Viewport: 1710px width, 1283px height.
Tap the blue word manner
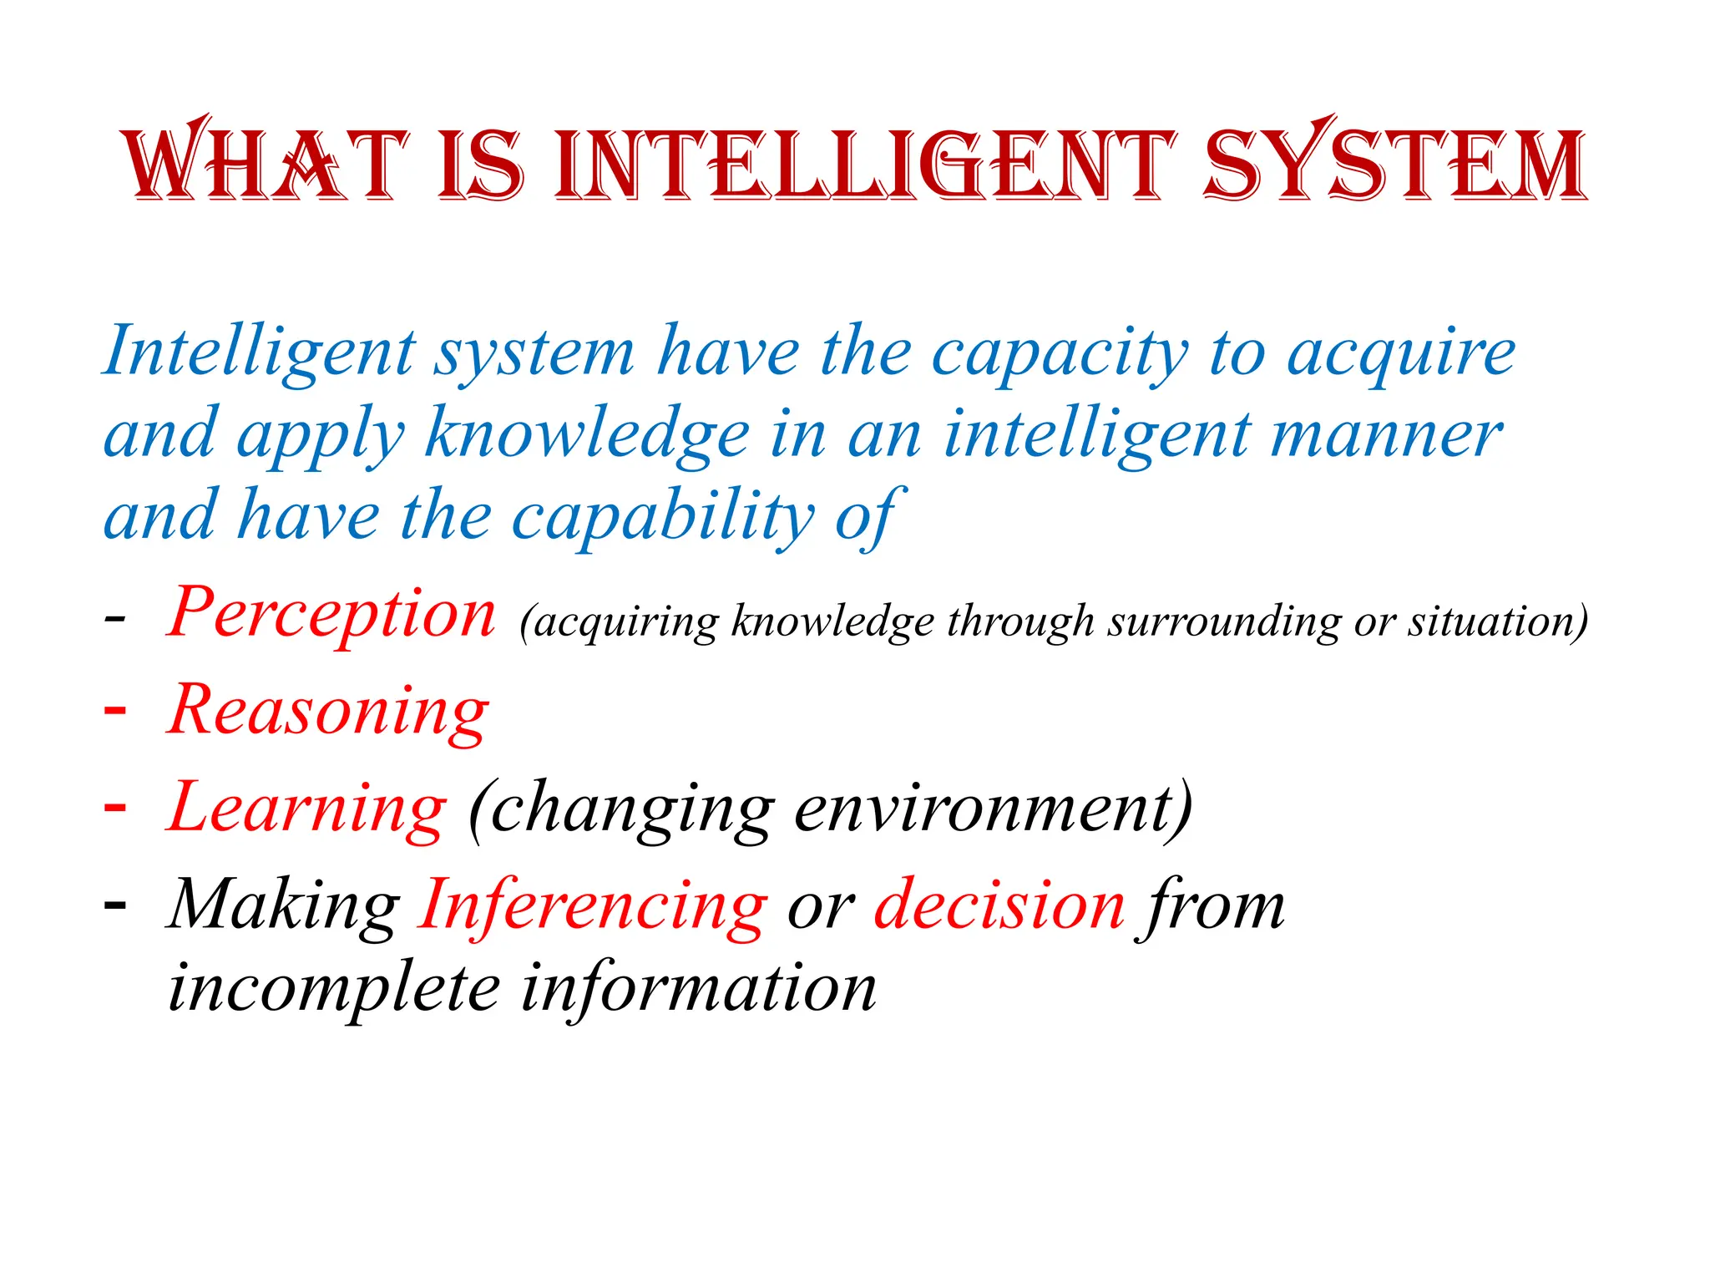click(x=1385, y=435)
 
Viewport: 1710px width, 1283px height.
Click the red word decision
click(x=999, y=906)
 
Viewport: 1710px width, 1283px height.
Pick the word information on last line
click(x=699, y=988)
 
